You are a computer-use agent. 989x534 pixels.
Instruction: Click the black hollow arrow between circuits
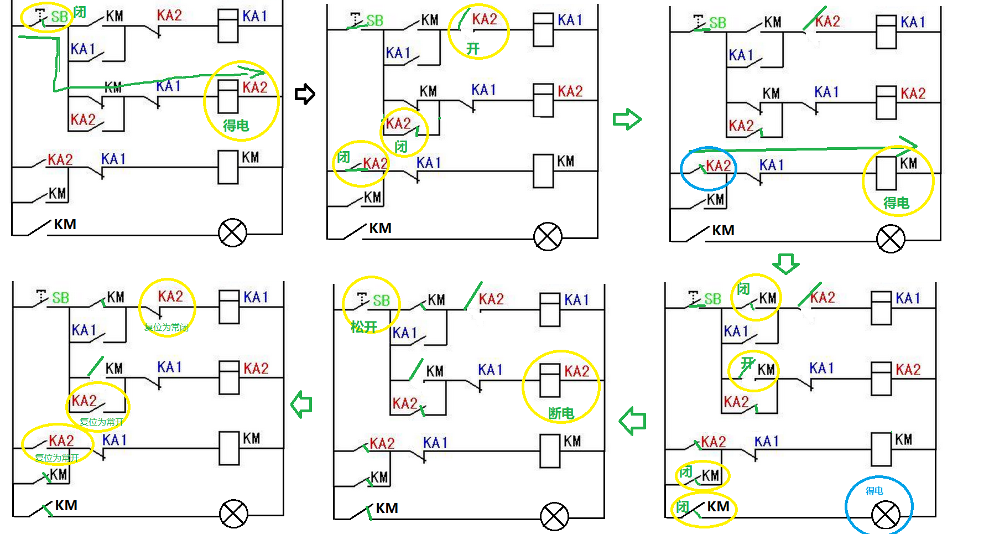click(305, 94)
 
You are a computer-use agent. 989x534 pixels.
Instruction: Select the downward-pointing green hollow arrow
click(785, 263)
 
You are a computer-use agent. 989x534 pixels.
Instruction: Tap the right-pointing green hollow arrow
click(627, 119)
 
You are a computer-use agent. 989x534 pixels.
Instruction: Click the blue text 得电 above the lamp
click(874, 491)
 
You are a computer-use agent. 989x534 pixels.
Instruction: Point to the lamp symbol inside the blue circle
click(885, 515)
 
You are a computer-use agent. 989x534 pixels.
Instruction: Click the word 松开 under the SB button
click(364, 327)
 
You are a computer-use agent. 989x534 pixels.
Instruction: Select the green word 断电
click(561, 413)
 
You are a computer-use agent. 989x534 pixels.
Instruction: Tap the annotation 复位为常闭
click(166, 327)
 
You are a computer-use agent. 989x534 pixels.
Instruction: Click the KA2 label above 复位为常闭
click(170, 297)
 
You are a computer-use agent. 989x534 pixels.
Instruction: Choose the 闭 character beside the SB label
click(80, 12)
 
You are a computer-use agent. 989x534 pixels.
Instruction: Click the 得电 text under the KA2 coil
click(236, 126)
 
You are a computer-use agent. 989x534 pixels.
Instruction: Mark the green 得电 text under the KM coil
click(896, 203)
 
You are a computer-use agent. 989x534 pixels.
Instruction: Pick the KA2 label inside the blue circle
click(718, 165)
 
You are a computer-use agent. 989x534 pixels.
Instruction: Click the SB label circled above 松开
click(381, 300)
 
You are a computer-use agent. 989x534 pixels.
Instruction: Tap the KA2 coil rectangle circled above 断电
click(550, 380)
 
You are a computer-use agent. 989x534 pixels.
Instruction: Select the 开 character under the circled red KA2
click(472, 49)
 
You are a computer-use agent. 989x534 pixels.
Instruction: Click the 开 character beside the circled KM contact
click(748, 363)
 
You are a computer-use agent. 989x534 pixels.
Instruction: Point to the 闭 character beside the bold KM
click(683, 507)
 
